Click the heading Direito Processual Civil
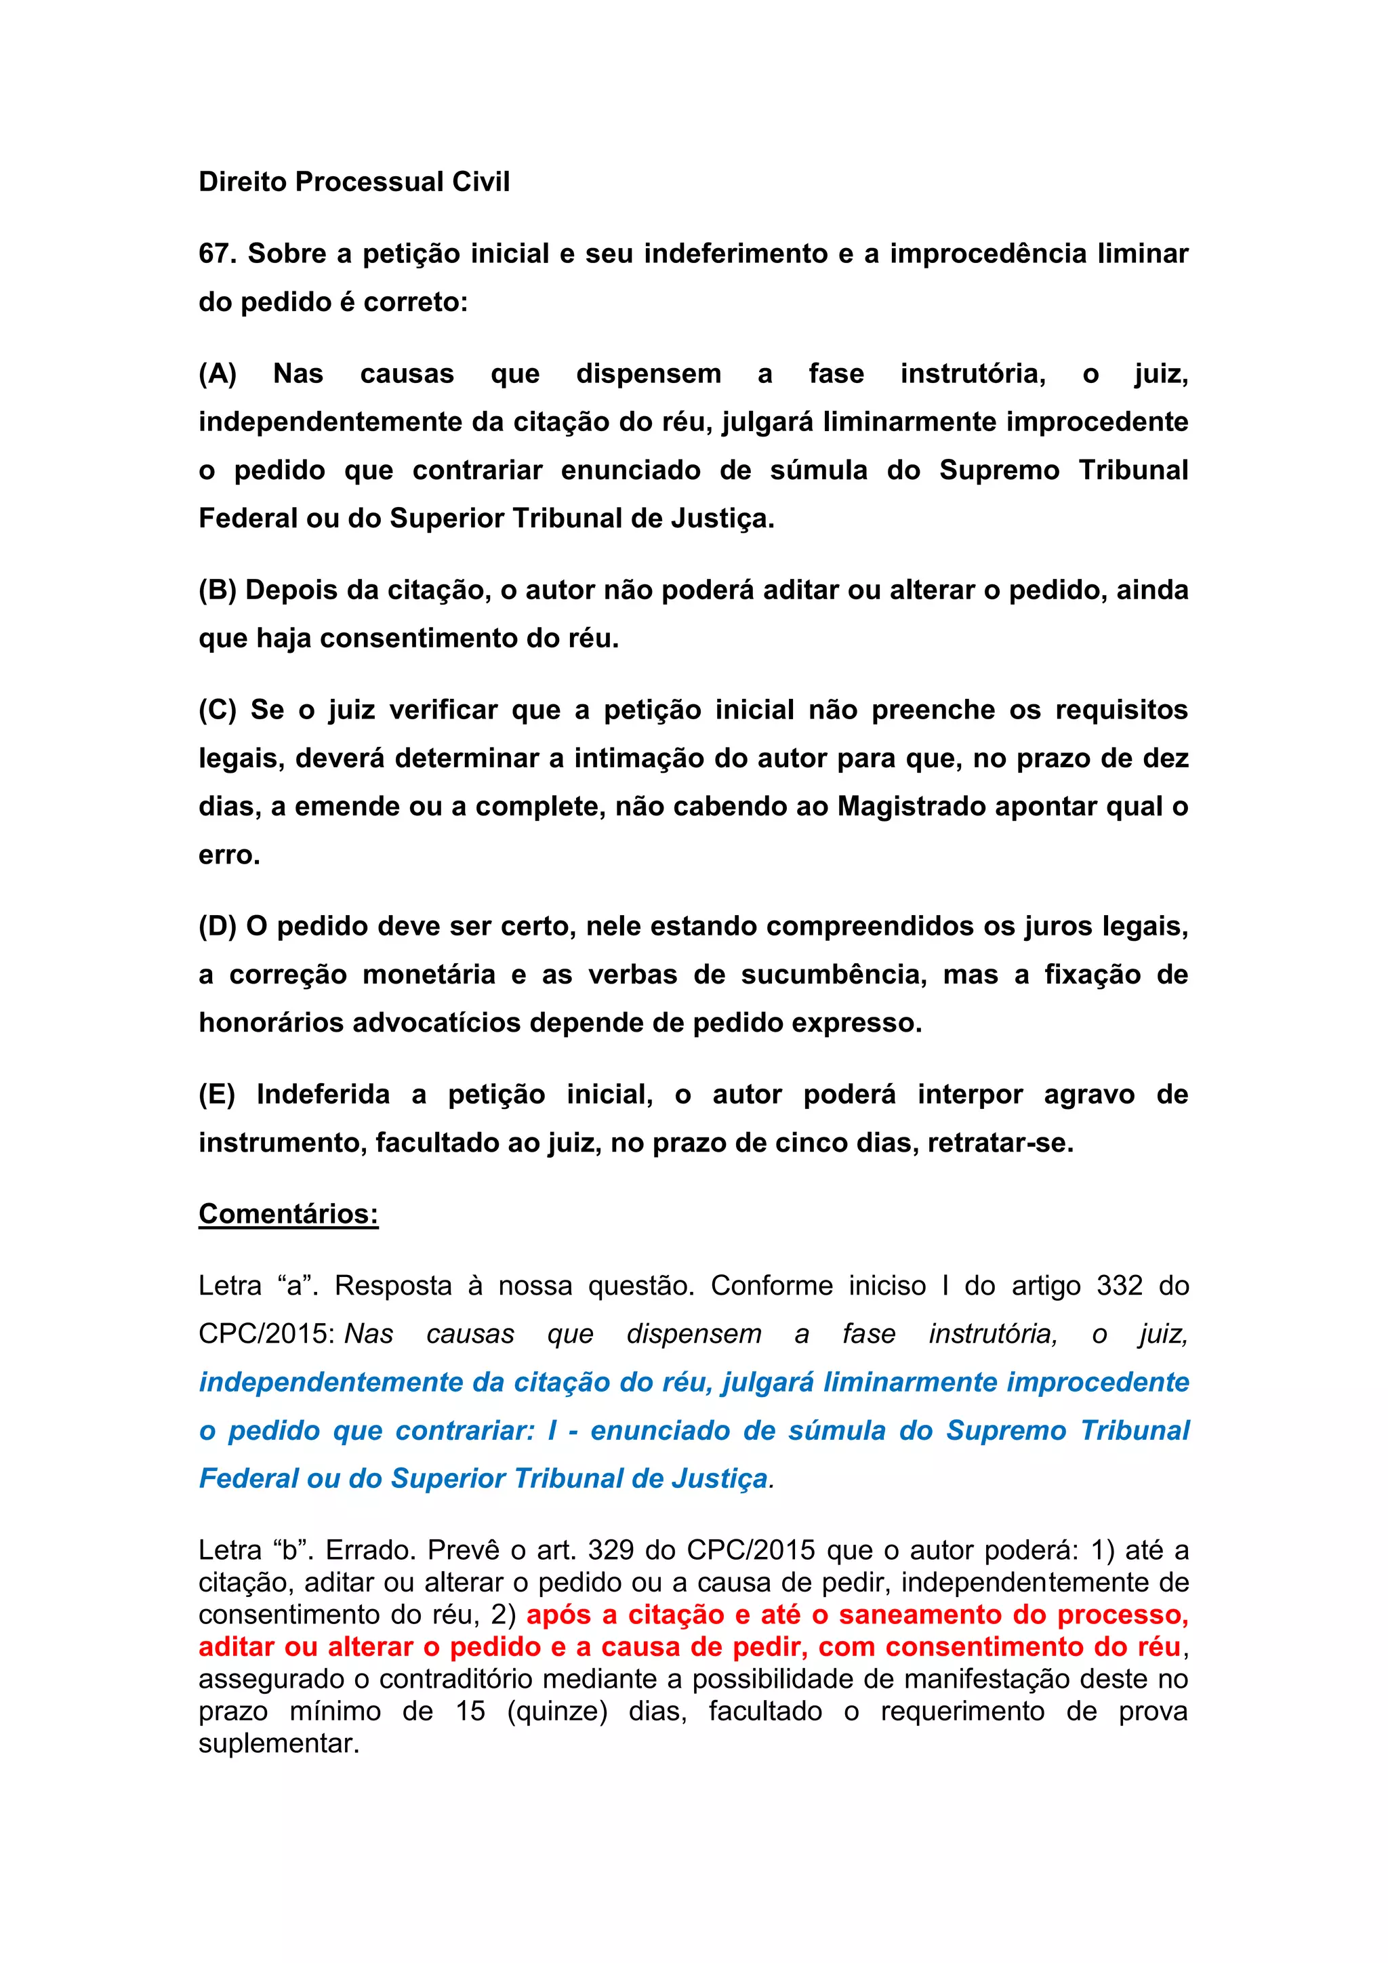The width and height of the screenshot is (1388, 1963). (x=354, y=182)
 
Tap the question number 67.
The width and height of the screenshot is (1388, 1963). (x=217, y=254)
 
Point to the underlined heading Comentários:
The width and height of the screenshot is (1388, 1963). (x=288, y=1214)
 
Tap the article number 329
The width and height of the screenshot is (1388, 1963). (x=612, y=1550)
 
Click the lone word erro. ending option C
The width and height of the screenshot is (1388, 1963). (x=229, y=855)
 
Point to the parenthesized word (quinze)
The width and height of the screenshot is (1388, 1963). (x=556, y=1712)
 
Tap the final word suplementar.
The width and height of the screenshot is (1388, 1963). (x=279, y=1743)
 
